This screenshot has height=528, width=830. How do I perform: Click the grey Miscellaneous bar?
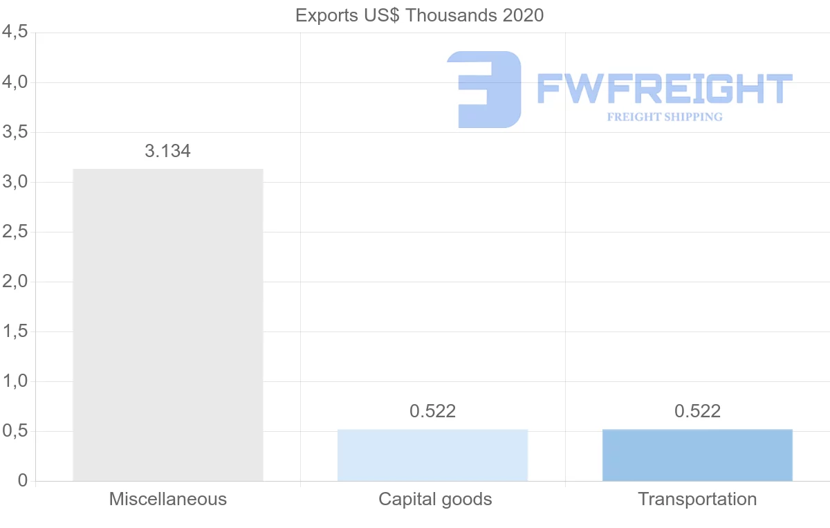[x=168, y=325]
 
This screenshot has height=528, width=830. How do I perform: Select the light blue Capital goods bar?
[x=432, y=455]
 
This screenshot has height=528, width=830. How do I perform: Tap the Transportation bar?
[x=697, y=455]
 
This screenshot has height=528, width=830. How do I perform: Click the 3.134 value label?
[x=168, y=152]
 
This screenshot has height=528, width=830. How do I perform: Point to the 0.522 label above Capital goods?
[x=432, y=411]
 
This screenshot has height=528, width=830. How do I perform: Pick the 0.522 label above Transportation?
[x=697, y=411]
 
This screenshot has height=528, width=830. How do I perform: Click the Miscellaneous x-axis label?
[x=168, y=499]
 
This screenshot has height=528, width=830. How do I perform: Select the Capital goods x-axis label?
[x=435, y=499]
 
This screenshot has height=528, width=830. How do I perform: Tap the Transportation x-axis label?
[x=697, y=499]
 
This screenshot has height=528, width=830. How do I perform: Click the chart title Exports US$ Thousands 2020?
[x=419, y=15]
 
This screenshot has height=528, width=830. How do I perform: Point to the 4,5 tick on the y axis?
[x=15, y=33]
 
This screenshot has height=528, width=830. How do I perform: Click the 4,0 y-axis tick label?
[x=15, y=82]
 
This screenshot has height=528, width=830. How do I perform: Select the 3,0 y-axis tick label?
[x=15, y=182]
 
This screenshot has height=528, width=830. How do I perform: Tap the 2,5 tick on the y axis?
[x=15, y=232]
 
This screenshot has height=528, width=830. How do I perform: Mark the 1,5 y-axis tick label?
[x=15, y=331]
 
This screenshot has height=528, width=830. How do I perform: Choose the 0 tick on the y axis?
[x=23, y=481]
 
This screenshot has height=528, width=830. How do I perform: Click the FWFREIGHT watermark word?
[x=664, y=89]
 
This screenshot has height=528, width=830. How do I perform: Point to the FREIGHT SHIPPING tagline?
[x=665, y=117]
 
